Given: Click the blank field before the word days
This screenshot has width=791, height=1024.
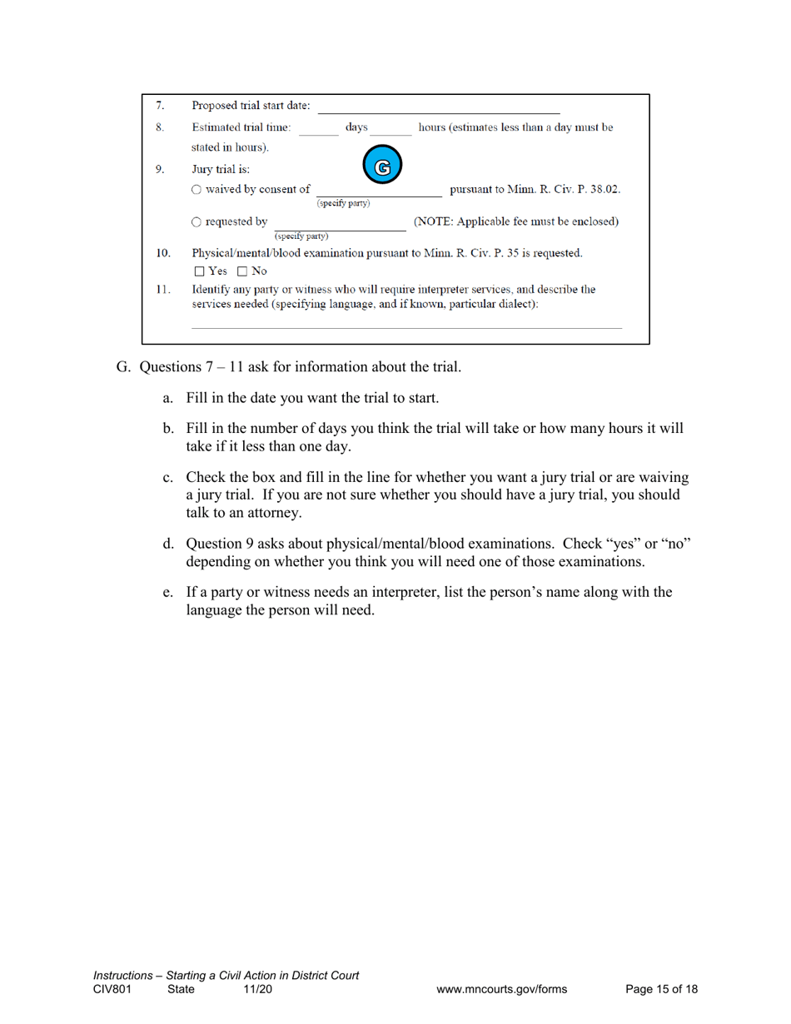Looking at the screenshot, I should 318,128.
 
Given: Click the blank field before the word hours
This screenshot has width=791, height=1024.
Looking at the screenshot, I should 391,128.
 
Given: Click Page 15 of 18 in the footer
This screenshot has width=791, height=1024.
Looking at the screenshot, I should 661,989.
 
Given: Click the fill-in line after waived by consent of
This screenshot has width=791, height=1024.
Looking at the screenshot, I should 379,193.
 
